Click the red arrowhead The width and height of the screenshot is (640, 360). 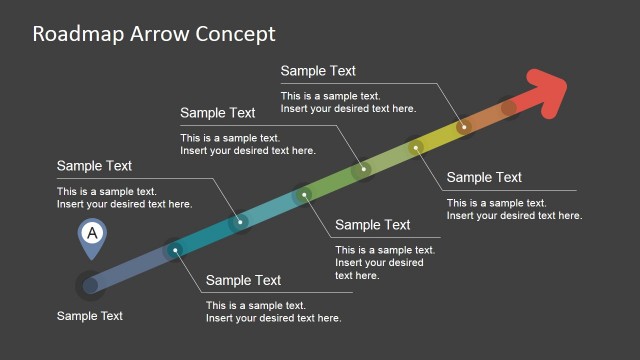click(545, 93)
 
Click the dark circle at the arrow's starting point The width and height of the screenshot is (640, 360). click(90, 285)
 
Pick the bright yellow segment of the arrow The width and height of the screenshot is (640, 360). click(439, 138)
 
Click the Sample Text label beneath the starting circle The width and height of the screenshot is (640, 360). click(90, 316)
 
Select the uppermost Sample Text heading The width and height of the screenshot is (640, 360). click(318, 71)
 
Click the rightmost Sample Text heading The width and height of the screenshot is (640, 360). click(484, 178)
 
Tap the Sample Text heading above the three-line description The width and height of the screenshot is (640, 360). click(372, 225)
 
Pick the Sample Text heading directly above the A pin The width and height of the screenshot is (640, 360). click(94, 166)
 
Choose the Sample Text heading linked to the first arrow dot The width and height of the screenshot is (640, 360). click(243, 281)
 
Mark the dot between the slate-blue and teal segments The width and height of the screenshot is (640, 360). click(176, 250)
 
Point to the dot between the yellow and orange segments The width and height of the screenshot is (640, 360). click(463, 127)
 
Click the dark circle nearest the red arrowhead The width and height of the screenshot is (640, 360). click(509, 107)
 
